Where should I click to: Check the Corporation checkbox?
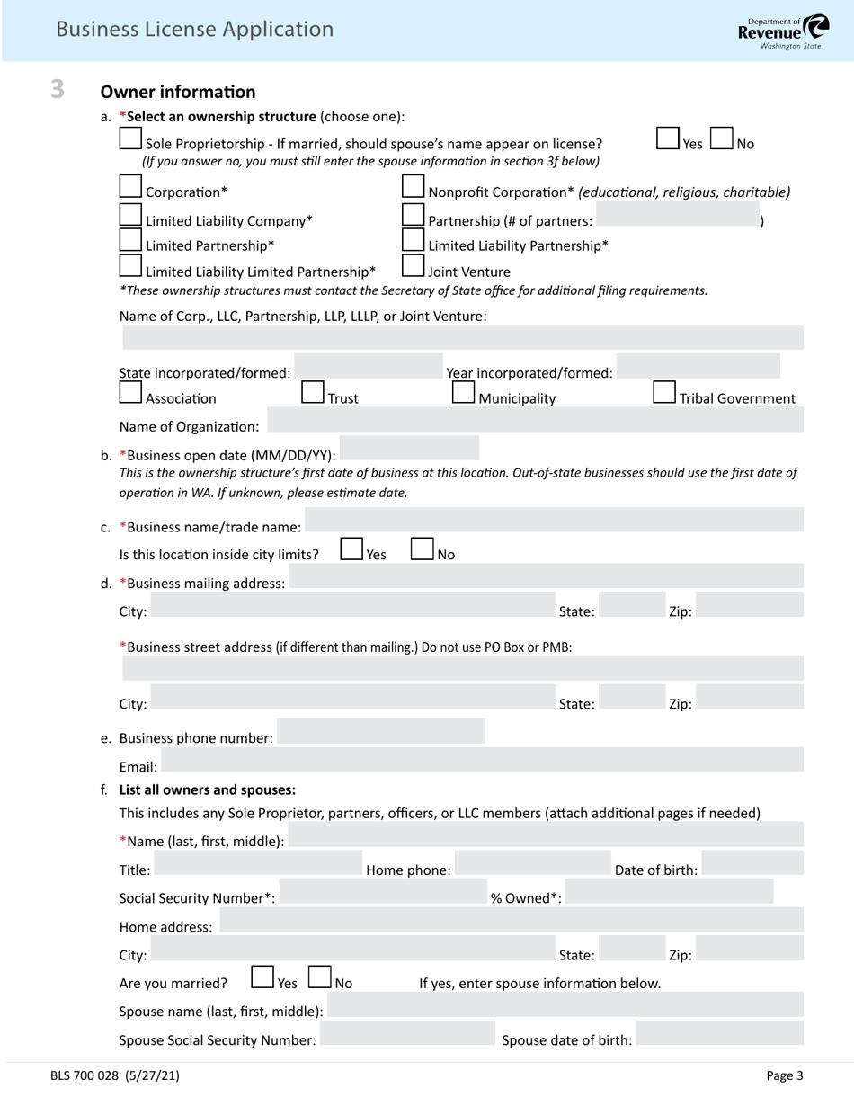(131, 187)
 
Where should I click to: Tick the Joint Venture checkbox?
(413, 267)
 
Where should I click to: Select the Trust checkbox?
(312, 393)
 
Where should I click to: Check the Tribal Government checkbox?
(663, 393)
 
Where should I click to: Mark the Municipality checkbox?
(462, 393)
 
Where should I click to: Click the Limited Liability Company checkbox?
(131, 216)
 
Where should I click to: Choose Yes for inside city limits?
(351, 549)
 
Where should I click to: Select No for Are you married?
(319, 978)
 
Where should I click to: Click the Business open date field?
(409, 449)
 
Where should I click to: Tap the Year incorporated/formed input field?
(698, 367)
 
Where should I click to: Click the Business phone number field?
(381, 732)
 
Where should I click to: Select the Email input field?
(482, 762)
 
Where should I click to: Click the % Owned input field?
(669, 892)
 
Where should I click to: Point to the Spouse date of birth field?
(719, 1034)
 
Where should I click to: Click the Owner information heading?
(178, 92)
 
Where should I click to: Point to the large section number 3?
(58, 89)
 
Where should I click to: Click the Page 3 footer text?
(784, 1075)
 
